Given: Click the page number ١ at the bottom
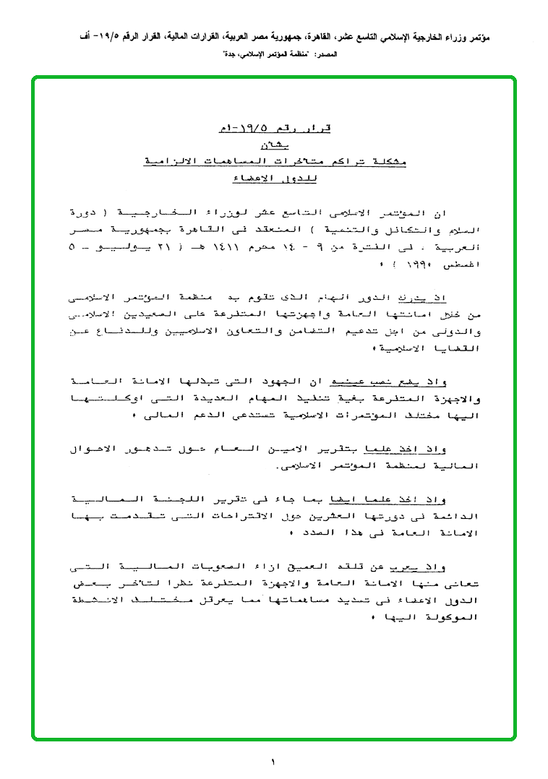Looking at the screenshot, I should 274,762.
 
